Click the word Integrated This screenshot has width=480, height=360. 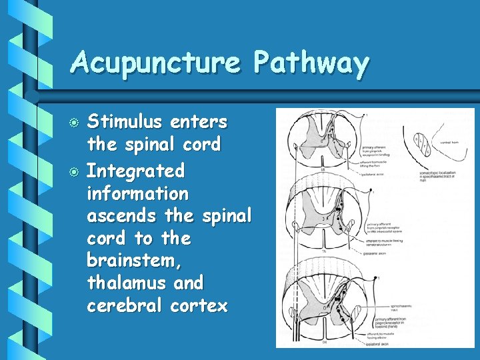coord(135,171)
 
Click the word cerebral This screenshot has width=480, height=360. coord(125,305)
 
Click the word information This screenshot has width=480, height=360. coord(138,193)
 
